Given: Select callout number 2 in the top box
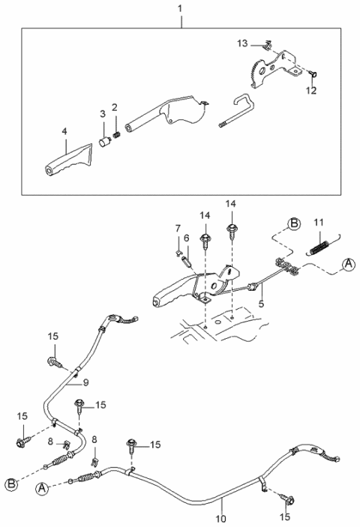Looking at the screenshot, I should [x=115, y=109].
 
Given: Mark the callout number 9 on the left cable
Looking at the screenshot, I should [x=85, y=383].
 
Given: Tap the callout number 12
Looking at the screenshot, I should [x=311, y=91].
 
